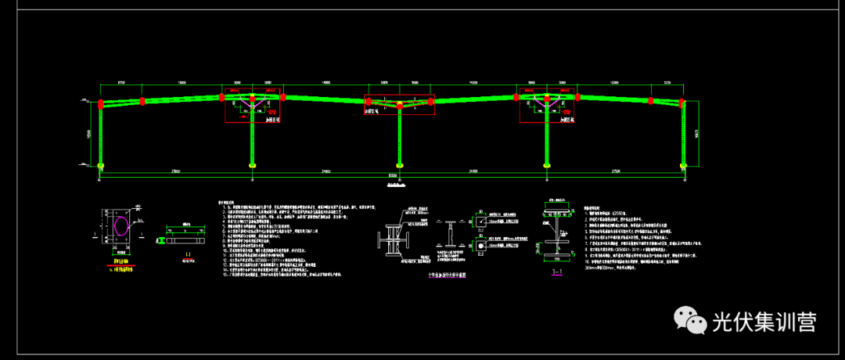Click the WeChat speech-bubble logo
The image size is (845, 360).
(x=689, y=321)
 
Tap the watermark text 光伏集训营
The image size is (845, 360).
(x=764, y=322)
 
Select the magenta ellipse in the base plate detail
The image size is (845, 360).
(x=122, y=227)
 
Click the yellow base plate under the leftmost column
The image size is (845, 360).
(x=101, y=165)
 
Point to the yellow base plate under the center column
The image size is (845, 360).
(x=400, y=165)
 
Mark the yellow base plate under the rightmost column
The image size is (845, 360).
(x=684, y=165)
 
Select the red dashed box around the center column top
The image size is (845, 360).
(x=399, y=105)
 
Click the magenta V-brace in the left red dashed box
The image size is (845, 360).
(x=252, y=103)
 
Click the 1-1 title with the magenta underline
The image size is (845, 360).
(x=557, y=273)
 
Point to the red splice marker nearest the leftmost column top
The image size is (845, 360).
(x=143, y=100)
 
